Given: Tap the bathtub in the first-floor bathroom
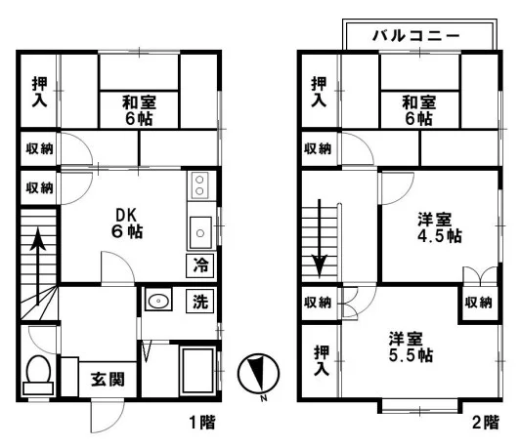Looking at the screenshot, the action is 197,370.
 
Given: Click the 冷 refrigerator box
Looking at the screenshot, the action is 200,265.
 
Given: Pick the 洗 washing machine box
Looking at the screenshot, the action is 200,301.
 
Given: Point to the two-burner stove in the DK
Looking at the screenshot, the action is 199,185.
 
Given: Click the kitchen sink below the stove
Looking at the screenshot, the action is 200,232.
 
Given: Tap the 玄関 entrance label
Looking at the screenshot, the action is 108,380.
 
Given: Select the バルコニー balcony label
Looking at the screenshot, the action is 416,35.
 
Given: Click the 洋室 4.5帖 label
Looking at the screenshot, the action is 440,227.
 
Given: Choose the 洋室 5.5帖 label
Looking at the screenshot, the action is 411,347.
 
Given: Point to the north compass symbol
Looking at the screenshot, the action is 258,373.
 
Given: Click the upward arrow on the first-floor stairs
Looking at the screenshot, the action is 38,265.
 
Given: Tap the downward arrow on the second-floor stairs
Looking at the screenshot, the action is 319,238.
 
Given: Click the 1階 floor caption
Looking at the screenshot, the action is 202,423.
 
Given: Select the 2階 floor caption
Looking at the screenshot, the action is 486,423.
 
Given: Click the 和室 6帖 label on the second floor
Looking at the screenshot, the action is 419,110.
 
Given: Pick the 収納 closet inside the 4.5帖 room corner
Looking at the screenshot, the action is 479,303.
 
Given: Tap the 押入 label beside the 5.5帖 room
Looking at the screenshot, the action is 322,360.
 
